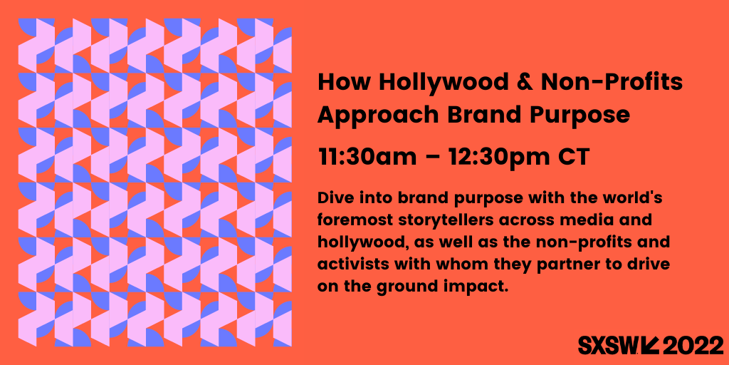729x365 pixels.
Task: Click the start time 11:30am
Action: tap(367, 158)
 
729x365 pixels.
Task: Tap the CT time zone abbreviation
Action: tap(575, 158)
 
